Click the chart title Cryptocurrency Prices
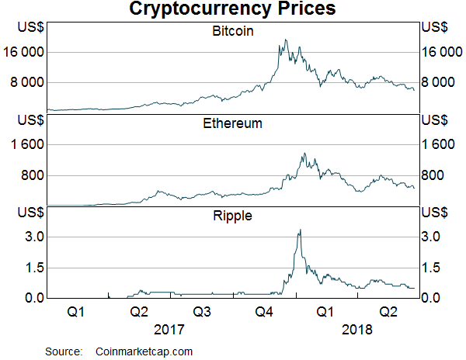[x=232, y=9]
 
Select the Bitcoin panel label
[x=232, y=32]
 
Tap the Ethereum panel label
[x=232, y=123]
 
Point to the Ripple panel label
[x=232, y=215]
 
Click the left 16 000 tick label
[x=26, y=52]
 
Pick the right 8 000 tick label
[x=440, y=82]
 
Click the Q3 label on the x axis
[x=201, y=312]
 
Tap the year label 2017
[x=169, y=329]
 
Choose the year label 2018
[x=357, y=329]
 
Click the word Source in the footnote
[x=63, y=351]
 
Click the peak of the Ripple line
[x=300, y=230]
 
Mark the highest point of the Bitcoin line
[x=287, y=40]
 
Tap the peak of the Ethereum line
[x=305, y=153]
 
